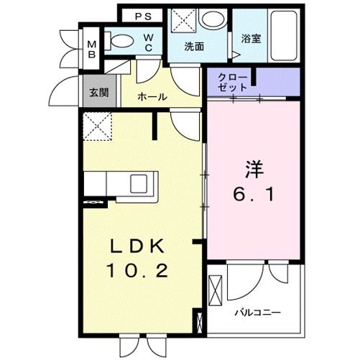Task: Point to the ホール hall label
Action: pos(153,96)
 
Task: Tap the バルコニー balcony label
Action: pos(257,313)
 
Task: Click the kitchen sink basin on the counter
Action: pos(139,183)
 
